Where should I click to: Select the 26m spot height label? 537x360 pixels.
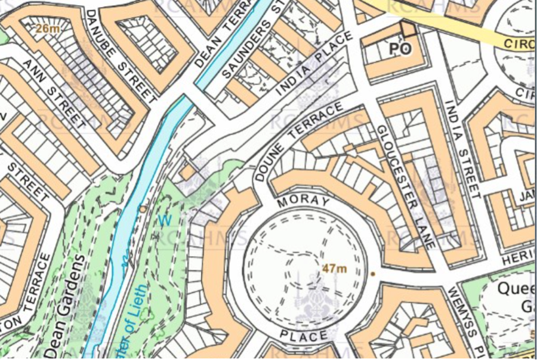pos(45,28)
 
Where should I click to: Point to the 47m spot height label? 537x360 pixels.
pos(334,269)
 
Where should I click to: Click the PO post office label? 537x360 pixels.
pos(401,50)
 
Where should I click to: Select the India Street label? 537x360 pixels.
pos(462,149)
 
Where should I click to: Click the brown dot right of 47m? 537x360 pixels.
pos(373,274)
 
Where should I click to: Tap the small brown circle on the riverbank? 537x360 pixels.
pos(143,209)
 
